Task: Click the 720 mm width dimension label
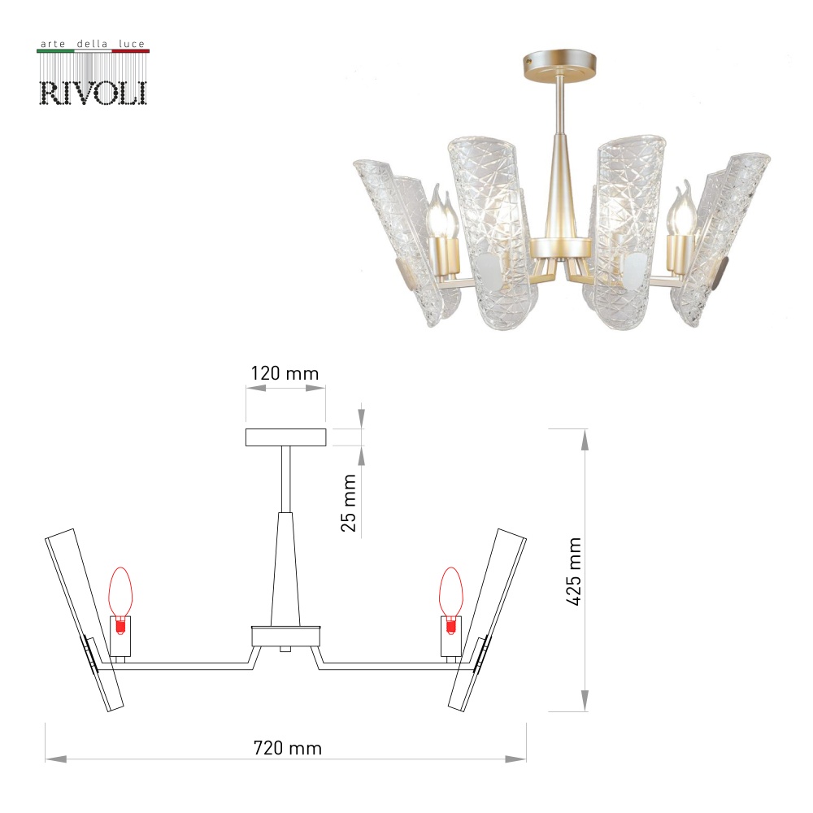287,748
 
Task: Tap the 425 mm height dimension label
573,572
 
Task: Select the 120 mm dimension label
285,373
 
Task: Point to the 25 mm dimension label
349,502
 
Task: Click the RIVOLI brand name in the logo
93,93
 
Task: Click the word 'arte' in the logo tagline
53,44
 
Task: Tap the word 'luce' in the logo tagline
132,44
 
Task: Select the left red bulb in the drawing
120,601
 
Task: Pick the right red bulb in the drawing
451,601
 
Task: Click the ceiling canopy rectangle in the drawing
285,437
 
